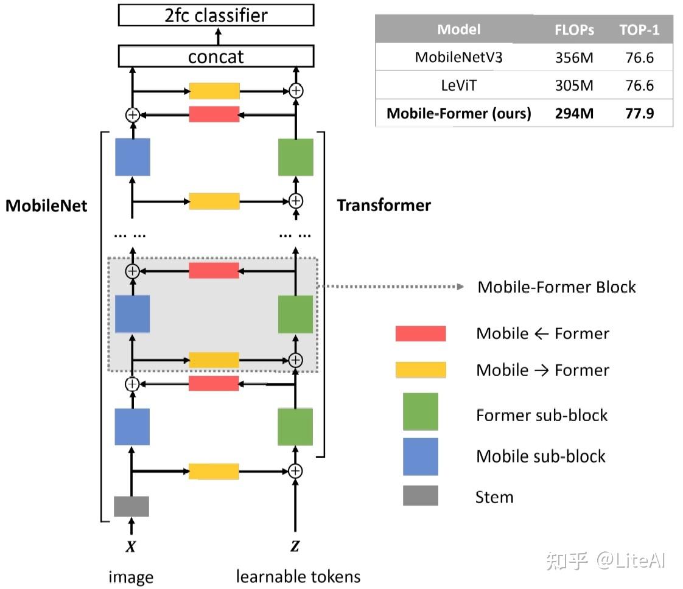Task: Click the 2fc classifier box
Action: pyautogui.click(x=215, y=15)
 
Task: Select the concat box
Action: pyautogui.click(x=215, y=57)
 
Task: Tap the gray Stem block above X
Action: pyautogui.click(x=131, y=506)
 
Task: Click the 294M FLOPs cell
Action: pyautogui.click(x=574, y=113)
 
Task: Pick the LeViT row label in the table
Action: pyautogui.click(x=459, y=86)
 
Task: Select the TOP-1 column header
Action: pyautogui.click(x=639, y=30)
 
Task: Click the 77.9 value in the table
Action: pyautogui.click(x=639, y=113)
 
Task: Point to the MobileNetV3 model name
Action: pyautogui.click(x=459, y=58)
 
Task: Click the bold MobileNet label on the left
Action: pyautogui.click(x=46, y=206)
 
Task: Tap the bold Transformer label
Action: pyautogui.click(x=384, y=206)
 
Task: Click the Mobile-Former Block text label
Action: pyautogui.click(x=556, y=287)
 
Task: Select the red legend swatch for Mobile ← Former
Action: pyautogui.click(x=421, y=333)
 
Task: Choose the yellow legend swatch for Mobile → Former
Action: pyautogui.click(x=421, y=370)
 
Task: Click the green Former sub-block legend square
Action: pyautogui.click(x=421, y=412)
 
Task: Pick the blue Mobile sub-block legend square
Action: pyautogui.click(x=421, y=456)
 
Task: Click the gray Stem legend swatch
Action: pyautogui.click(x=421, y=496)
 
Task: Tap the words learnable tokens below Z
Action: pyautogui.click(x=298, y=576)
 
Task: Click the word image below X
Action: pyautogui.click(x=131, y=577)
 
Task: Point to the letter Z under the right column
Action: pyautogui.click(x=295, y=547)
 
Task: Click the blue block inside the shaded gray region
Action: pyautogui.click(x=132, y=314)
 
